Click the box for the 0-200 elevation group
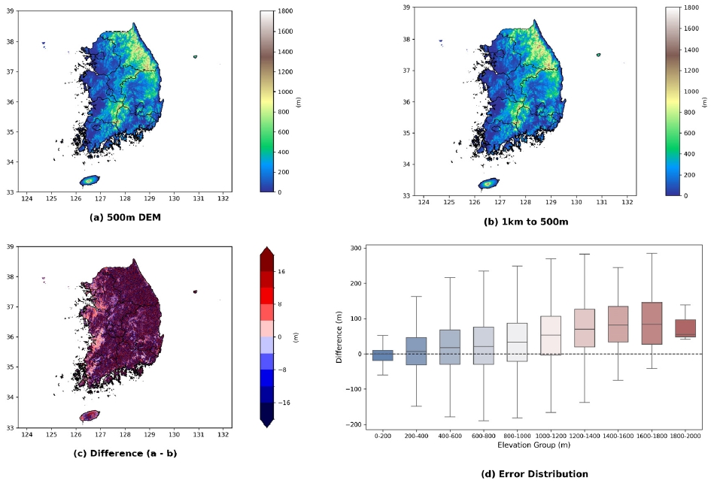(382, 355)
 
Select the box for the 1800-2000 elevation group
(685, 328)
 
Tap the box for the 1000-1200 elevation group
(551, 335)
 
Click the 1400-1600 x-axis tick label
(618, 436)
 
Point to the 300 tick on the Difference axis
(356, 249)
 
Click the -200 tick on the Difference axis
(354, 424)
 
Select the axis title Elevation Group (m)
(533, 445)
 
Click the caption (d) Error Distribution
(535, 474)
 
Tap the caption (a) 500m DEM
(125, 217)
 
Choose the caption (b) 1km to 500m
(526, 222)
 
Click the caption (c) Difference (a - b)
(125, 454)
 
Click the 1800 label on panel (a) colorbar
(285, 11)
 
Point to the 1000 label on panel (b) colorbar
(691, 92)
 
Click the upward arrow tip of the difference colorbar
(267, 247)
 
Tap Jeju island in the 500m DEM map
(90, 180)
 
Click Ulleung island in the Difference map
(196, 292)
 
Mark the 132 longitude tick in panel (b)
(627, 202)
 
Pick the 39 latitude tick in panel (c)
(10, 246)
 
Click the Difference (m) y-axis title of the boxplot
(339, 337)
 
